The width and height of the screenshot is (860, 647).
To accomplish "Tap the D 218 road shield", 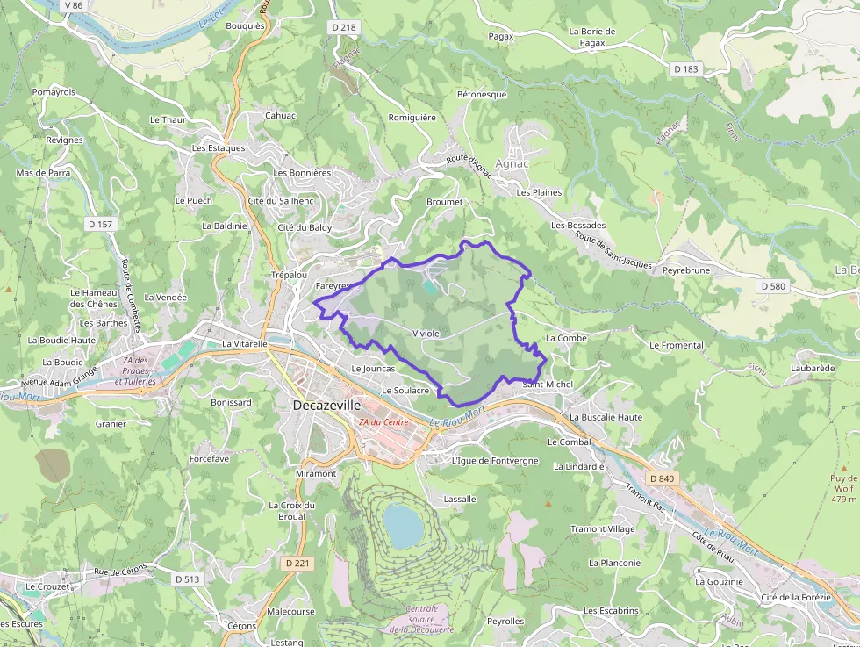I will tap(345, 28).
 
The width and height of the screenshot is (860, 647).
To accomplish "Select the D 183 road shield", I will tap(686, 68).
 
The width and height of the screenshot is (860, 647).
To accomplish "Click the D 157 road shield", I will tap(101, 225).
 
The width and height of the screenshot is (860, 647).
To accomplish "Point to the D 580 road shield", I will tap(773, 286).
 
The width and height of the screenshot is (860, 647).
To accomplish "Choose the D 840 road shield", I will tap(663, 478).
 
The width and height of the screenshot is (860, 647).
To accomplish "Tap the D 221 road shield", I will tap(298, 563).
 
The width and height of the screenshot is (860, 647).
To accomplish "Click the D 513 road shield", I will tap(187, 579).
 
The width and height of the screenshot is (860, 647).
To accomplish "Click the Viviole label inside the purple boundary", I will tap(426, 334).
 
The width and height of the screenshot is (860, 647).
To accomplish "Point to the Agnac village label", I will tap(512, 163).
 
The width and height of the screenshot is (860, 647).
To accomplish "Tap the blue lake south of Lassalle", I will tap(403, 524).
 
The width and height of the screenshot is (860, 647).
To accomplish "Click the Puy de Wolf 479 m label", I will tap(842, 489).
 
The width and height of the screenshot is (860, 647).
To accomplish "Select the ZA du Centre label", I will tap(383, 422).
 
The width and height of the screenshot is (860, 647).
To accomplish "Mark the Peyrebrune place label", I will tap(685, 270).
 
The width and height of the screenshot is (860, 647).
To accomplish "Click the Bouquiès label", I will tap(245, 25).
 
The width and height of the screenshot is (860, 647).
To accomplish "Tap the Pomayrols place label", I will tap(54, 91).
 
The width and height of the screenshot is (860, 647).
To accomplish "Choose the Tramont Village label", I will tap(602, 529).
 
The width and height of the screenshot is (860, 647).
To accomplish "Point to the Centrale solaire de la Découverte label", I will tap(421, 619).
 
